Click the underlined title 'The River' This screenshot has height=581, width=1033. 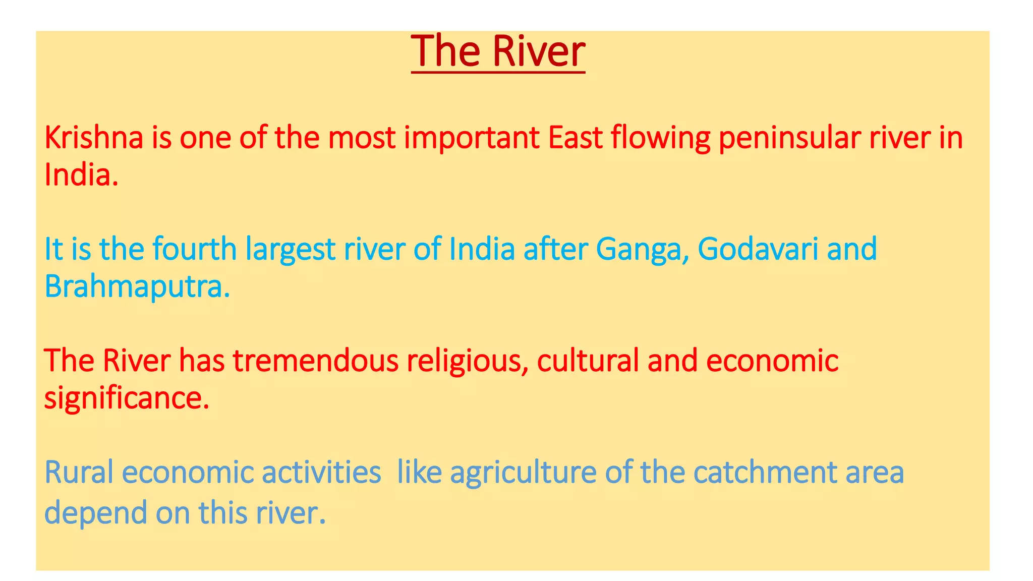[x=498, y=51]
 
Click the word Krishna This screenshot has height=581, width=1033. [x=94, y=138]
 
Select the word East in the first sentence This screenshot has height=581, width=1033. [x=575, y=138]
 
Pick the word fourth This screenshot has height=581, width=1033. [x=195, y=249]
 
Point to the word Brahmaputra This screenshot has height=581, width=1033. [x=137, y=287]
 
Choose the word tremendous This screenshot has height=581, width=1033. [x=316, y=361]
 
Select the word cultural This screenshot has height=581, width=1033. [x=588, y=361]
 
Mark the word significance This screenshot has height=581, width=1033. [x=127, y=398]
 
